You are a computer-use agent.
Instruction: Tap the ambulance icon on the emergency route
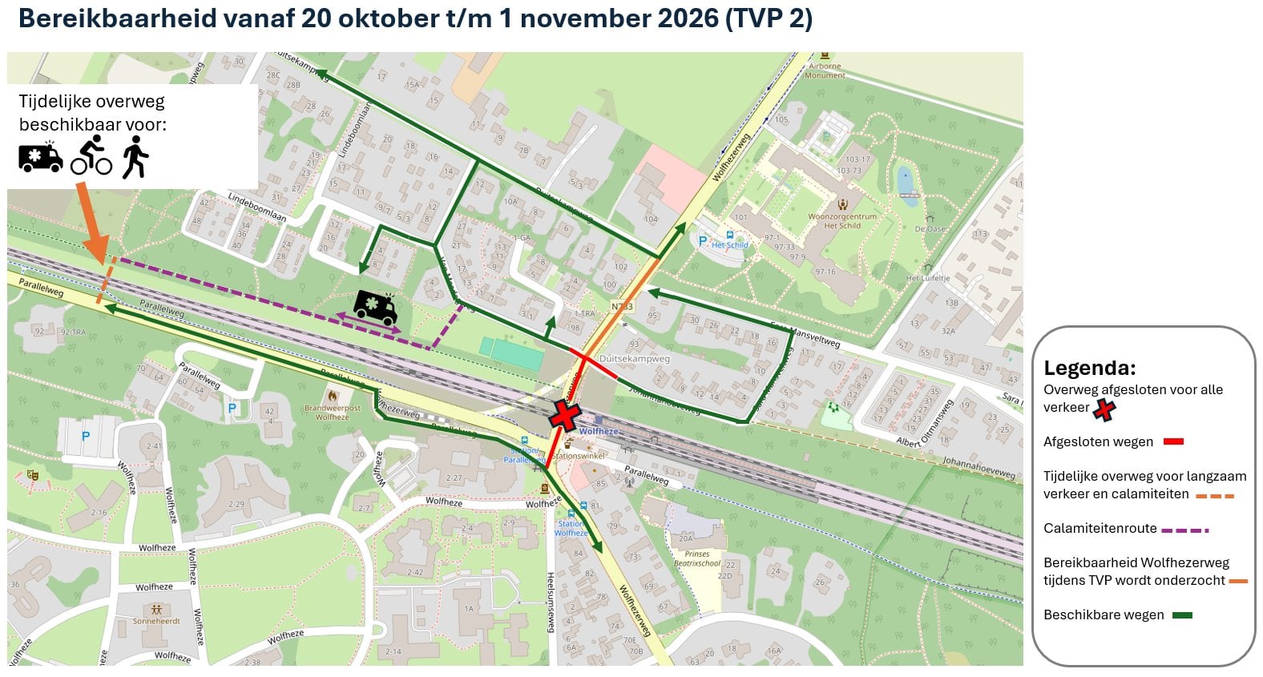pos(375,308)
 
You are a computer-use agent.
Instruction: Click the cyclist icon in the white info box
pos(91,155)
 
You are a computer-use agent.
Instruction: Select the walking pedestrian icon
pos(135,157)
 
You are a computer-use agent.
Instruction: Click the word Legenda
pos(1089,369)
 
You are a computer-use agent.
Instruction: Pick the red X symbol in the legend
pos(1104,409)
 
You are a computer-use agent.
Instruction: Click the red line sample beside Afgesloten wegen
pos(1173,441)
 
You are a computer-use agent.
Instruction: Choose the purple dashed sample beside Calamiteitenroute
pos(1184,530)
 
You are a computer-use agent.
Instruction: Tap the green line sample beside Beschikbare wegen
pos(1182,615)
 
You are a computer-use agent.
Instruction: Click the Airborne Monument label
pos(825,71)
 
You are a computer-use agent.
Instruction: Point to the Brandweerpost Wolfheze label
pos(332,413)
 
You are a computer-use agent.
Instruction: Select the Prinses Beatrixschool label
pos(696,558)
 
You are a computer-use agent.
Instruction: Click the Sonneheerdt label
pos(156,621)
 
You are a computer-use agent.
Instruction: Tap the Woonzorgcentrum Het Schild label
pos(842,220)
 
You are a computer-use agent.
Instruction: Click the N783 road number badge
pos(622,307)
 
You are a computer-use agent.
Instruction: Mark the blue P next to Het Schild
pos(703,241)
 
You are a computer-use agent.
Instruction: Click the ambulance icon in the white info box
pos(40,156)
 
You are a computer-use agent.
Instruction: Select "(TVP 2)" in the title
pos(769,18)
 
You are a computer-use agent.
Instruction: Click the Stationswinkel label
pos(579,456)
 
